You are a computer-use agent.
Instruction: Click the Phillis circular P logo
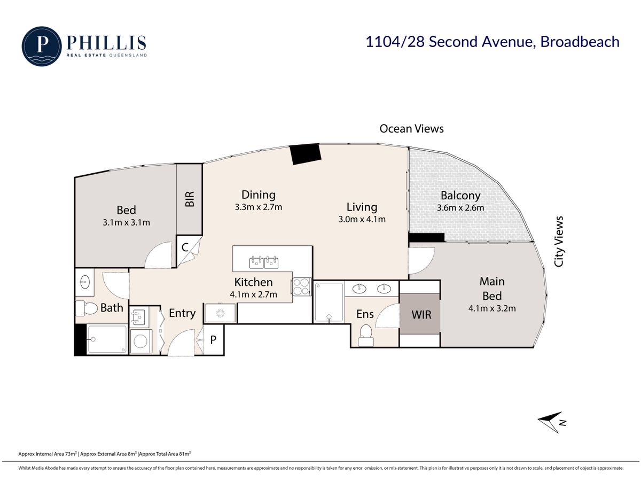pyautogui.click(x=42, y=46)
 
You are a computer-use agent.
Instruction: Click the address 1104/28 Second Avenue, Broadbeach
pyautogui.click(x=493, y=42)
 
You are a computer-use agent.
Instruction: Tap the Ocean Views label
pyautogui.click(x=411, y=128)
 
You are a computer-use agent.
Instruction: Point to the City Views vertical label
pyautogui.click(x=559, y=241)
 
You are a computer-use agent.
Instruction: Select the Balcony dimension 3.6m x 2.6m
pyautogui.click(x=460, y=208)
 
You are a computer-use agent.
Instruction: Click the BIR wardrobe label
pyautogui.click(x=190, y=199)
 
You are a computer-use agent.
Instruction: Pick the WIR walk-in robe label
pyautogui.click(x=421, y=315)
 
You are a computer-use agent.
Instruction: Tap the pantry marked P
pyautogui.click(x=213, y=340)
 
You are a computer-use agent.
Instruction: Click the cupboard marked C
pyautogui.click(x=185, y=247)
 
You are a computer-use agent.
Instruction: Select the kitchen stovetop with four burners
pyautogui.click(x=301, y=286)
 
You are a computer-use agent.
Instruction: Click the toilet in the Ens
pyautogui.click(x=365, y=335)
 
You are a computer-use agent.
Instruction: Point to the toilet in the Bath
pyautogui.click(x=87, y=308)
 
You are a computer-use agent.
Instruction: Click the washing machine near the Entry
pyautogui.click(x=141, y=341)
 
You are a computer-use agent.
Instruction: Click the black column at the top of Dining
pyautogui.click(x=306, y=153)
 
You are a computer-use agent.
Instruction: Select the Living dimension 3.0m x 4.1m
pyautogui.click(x=362, y=219)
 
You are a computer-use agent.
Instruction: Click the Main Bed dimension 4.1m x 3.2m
pyautogui.click(x=492, y=308)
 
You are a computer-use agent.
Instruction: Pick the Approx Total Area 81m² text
pyautogui.click(x=165, y=454)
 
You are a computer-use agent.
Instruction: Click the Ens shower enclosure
pyautogui.click(x=329, y=302)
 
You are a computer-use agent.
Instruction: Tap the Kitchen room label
pyautogui.click(x=253, y=282)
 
